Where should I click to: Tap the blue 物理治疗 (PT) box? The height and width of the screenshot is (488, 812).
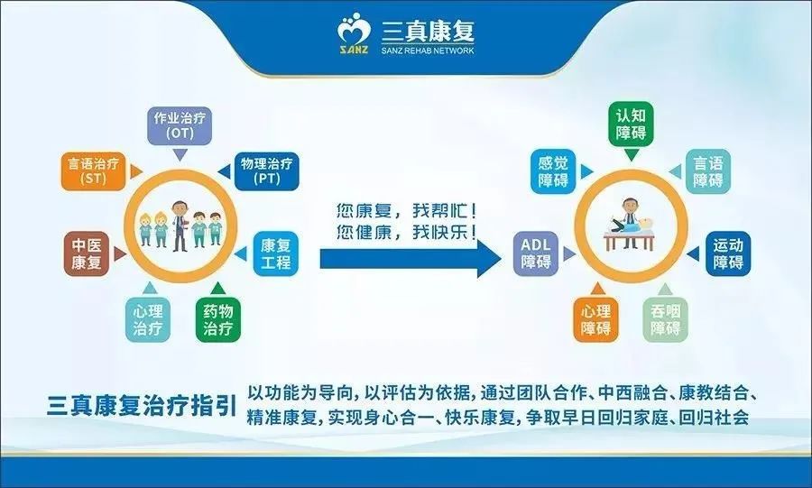265,170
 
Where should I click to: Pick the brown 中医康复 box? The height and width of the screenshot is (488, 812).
88,253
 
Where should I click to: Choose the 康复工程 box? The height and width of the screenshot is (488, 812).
275,253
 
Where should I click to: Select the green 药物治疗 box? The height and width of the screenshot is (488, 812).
218,318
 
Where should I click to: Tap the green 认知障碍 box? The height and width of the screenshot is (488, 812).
631,124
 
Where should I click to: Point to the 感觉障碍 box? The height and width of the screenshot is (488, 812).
553,171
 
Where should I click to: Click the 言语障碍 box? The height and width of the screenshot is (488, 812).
708,171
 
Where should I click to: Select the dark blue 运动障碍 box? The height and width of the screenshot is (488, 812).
727,253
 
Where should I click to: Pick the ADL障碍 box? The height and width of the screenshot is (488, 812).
536,253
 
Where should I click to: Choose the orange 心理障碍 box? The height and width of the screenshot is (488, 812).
595,318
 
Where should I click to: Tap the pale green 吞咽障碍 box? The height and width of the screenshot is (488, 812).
666,318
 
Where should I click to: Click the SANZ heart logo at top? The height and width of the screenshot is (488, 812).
354,37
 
